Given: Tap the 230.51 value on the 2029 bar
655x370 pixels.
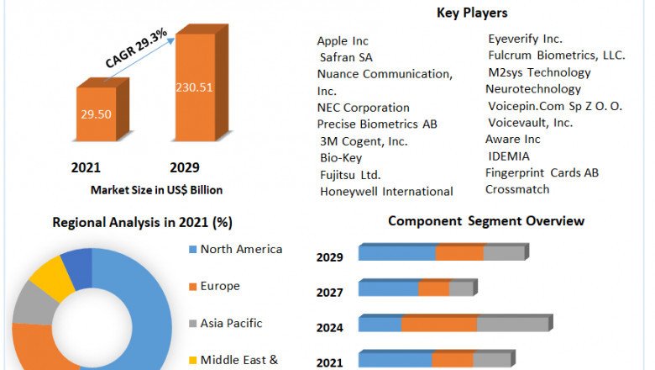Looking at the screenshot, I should [193, 85].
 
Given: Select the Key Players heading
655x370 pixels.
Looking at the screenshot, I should [472, 13].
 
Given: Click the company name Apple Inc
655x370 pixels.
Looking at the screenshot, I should [343, 40].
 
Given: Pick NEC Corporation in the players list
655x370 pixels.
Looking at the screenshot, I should [364, 108].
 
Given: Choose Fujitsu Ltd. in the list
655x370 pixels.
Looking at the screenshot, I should [350, 175].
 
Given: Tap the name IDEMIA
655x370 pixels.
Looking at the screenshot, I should [509, 156].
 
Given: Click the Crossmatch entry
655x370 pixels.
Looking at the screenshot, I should [517, 189].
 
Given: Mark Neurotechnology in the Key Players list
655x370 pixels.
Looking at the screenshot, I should [532, 89].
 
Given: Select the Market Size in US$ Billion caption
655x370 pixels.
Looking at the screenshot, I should [156, 190].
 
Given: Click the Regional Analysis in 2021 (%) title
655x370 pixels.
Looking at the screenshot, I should [143, 223].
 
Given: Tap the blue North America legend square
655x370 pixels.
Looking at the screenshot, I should [193, 250].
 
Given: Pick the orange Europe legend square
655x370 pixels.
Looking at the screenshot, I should [193, 287].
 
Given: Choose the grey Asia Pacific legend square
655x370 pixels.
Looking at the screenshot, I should [193, 324].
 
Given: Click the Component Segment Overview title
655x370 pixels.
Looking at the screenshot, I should [486, 221].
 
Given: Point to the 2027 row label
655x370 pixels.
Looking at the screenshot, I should [329, 293].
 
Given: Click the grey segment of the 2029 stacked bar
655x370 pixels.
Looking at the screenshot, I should [503, 253].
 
